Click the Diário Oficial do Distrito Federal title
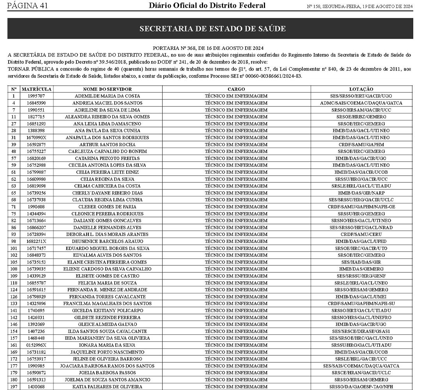pyautogui.click(x=207, y=5)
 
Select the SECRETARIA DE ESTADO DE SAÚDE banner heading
pyautogui.click(x=212, y=29)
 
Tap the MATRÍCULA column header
pyautogui.click(x=37, y=89)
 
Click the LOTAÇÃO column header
pyautogui.click(x=361, y=89)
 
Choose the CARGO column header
pyautogui.click(x=236, y=89)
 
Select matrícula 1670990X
pyautogui.click(x=37, y=138)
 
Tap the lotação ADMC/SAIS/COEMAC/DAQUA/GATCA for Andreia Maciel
pyautogui.click(x=361, y=103)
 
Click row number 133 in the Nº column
pyautogui.click(x=14, y=304)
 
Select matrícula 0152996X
pyautogui.click(x=37, y=345)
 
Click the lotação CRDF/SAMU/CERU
pyautogui.click(x=361, y=234)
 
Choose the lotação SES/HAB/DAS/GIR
pyautogui.click(x=361, y=262)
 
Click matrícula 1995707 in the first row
pyautogui.click(x=37, y=96)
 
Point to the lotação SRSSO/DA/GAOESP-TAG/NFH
pyautogui.click(x=361, y=386)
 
